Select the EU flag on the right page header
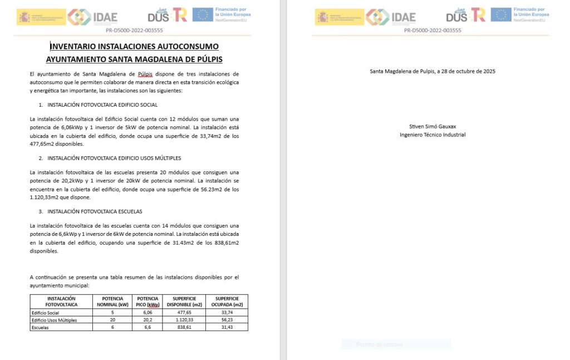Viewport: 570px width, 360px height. coord(500,15)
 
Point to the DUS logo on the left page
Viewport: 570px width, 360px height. coord(158,16)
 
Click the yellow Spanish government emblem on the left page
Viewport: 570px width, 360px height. coord(41,17)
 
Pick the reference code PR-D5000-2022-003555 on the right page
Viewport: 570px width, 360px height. coord(433,31)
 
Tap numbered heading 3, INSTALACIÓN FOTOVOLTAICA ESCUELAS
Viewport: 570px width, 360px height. coord(95,211)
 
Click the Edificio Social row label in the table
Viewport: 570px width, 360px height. coord(46,313)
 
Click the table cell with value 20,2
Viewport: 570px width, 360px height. coord(148,320)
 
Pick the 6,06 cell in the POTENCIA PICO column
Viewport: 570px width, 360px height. coord(148,313)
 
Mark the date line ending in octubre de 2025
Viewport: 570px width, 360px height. coord(433,71)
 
